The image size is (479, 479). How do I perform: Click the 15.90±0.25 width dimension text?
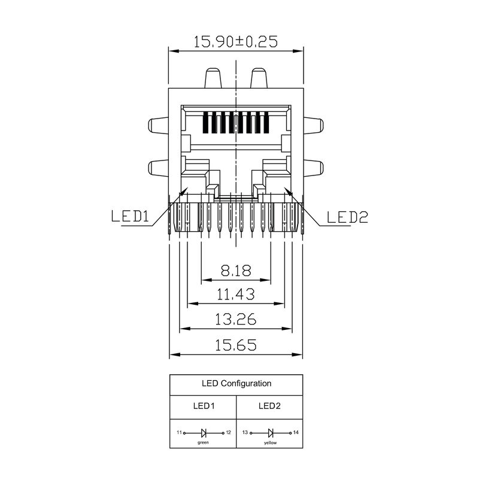236,42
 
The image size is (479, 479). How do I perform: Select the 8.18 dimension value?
236,271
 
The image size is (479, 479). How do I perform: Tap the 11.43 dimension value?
236,295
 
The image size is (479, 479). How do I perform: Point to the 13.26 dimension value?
236,320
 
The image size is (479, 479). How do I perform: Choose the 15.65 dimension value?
236,345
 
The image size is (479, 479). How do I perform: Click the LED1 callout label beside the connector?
129,217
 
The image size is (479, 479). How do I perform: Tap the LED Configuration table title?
236,383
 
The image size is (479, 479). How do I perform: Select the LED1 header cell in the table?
204,405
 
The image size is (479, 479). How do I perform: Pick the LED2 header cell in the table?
269,405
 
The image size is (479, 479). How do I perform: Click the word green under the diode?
204,443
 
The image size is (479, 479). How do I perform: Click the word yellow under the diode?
271,443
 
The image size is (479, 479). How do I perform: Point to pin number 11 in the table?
178,432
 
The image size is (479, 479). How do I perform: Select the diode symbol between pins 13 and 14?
271,432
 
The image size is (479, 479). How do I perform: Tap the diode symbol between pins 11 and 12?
204,432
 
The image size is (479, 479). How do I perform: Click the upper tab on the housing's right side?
316,126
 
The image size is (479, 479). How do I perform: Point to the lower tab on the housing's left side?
157,168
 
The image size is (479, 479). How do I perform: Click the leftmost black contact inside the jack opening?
207,123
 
